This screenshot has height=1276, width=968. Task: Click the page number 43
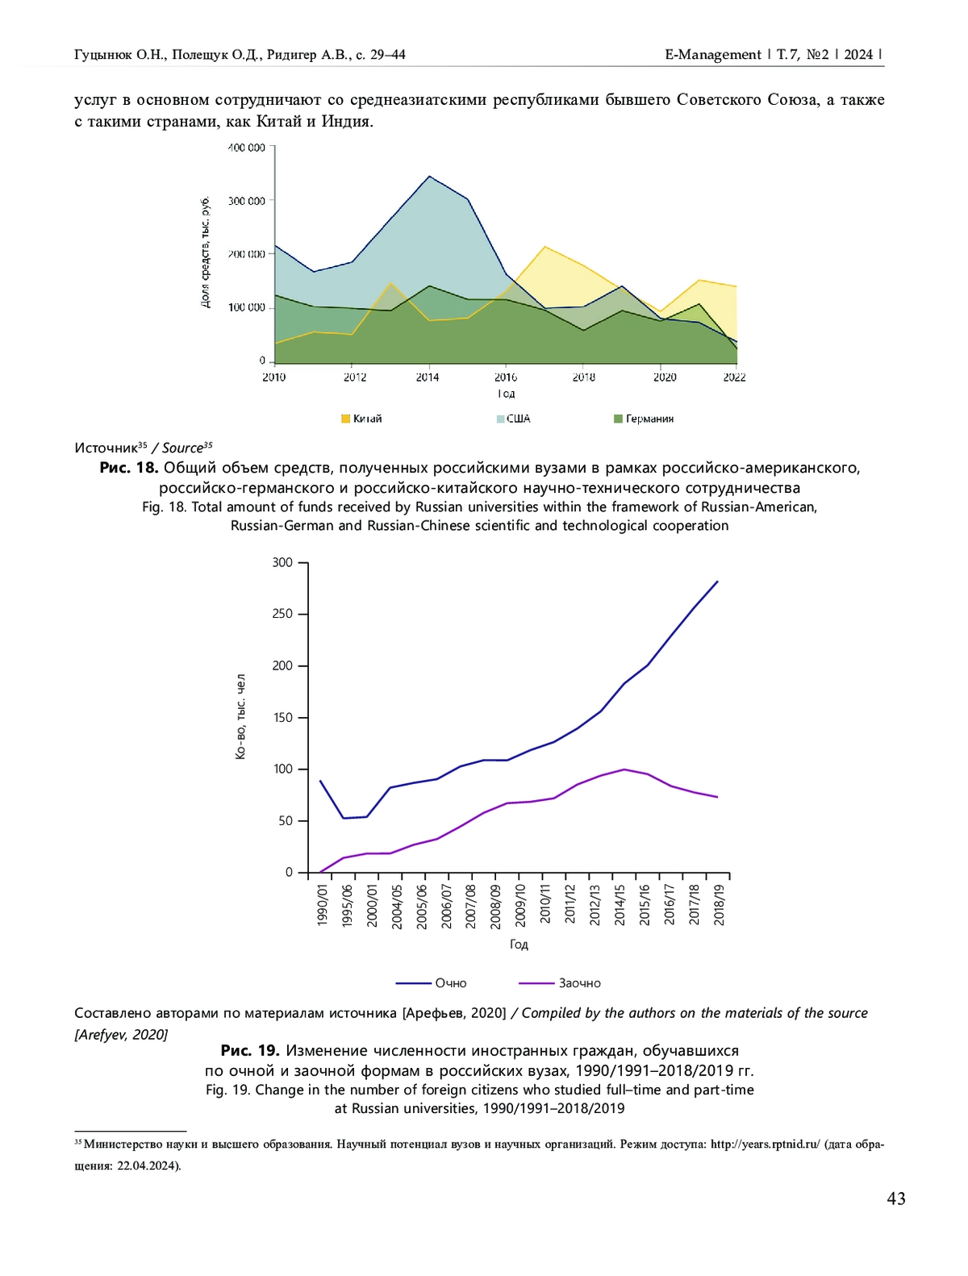895,1199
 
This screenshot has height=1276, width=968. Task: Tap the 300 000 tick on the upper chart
247,201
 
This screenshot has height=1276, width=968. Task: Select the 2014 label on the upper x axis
428,377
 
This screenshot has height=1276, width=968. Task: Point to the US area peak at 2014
429,177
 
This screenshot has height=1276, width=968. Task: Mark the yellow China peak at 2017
545,247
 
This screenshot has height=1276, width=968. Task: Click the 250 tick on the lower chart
283,614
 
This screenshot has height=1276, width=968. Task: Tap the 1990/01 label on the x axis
322,905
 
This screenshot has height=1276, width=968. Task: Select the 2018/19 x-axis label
719,905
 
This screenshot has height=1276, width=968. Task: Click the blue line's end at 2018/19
717,582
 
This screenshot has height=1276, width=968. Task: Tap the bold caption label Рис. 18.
128,468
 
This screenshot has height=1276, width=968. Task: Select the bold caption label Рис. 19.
250,1051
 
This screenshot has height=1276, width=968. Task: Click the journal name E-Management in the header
713,55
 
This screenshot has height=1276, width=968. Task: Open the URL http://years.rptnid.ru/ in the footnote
765,1144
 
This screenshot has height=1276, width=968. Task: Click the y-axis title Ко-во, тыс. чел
240,718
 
